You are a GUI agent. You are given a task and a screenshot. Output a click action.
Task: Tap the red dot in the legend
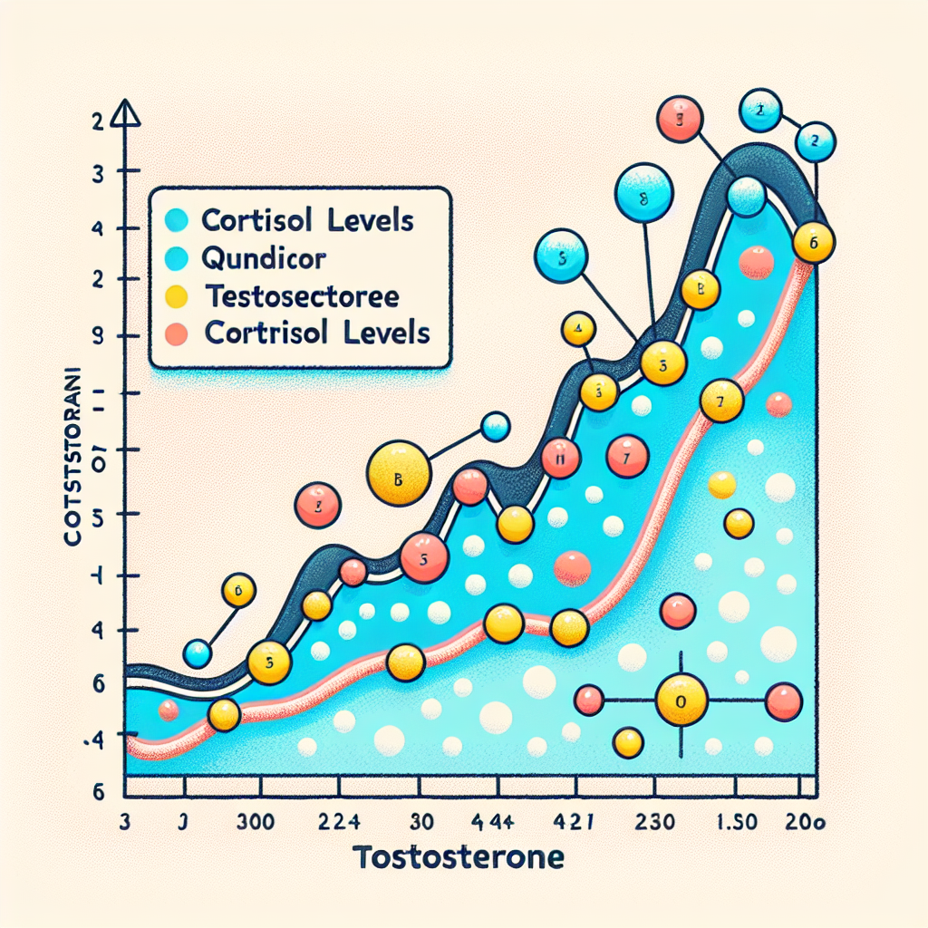tap(179, 333)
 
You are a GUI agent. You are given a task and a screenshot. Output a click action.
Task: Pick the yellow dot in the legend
tap(179, 295)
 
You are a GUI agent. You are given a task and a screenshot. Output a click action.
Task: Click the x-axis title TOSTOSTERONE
tap(459, 856)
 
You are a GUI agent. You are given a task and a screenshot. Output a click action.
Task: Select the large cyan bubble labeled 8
tap(643, 192)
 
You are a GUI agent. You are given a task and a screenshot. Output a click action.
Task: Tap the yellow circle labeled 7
tap(722, 400)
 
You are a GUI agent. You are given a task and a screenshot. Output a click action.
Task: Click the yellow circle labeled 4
tap(577, 329)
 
